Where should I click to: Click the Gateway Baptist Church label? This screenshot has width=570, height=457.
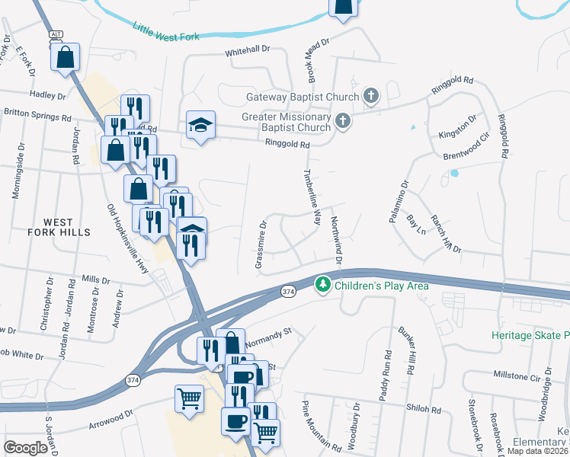[303, 97]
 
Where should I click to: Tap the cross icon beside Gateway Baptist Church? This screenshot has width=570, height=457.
[371, 96]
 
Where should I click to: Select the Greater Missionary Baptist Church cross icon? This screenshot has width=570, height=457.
[344, 120]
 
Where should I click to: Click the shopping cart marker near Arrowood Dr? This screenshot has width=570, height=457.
[189, 398]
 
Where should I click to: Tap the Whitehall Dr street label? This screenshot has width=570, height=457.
[248, 50]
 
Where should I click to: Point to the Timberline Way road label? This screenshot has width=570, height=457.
[312, 197]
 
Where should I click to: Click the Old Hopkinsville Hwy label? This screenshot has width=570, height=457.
[126, 235]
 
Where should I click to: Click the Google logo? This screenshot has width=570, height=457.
[25, 447]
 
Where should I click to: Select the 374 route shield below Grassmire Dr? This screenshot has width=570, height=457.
[287, 292]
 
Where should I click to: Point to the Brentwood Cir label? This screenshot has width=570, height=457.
[464, 149]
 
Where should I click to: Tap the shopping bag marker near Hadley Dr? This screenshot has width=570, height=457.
[66, 56]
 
